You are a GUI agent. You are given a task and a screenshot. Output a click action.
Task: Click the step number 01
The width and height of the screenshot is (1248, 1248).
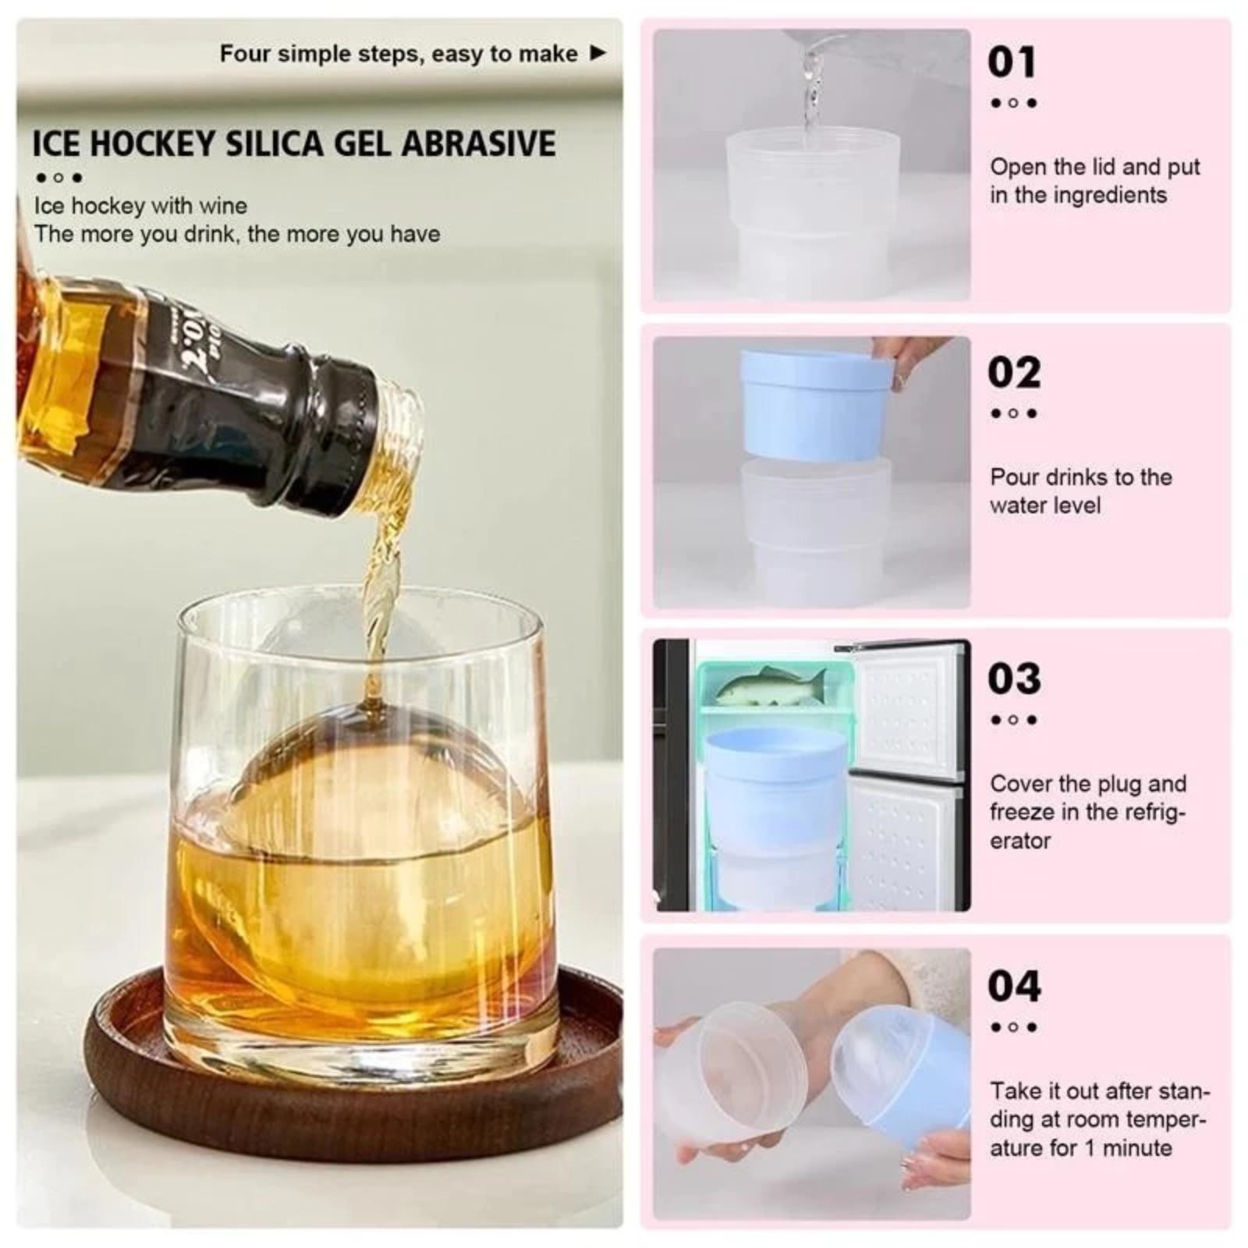[x=1012, y=62]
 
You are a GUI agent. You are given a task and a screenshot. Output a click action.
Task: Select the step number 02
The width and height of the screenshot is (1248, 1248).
[x=1014, y=372]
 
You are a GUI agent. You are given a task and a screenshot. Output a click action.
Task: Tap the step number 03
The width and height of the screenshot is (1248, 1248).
[x=1014, y=679]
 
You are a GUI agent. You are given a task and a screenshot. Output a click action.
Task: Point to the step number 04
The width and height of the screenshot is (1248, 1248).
[x=1014, y=986]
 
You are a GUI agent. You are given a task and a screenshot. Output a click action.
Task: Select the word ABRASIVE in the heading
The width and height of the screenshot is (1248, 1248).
[x=480, y=144]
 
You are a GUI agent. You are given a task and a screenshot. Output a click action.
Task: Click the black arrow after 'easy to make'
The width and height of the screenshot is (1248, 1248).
[x=597, y=53]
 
